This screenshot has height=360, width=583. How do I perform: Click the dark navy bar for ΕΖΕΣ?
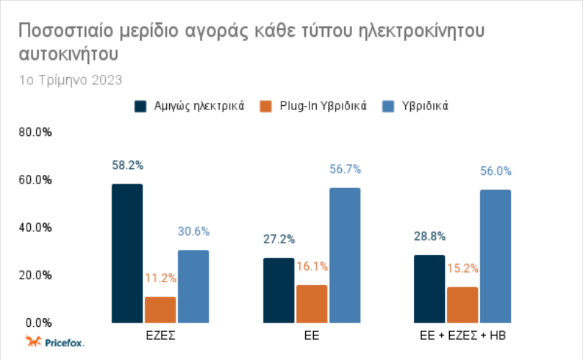tap(127, 253)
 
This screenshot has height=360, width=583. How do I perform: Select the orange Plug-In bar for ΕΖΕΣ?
tap(161, 310)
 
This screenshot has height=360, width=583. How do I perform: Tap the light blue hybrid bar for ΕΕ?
tap(345, 255)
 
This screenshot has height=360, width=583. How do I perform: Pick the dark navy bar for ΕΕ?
tap(279, 290)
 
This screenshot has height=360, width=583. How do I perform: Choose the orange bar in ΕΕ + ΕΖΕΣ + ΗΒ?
tap(463, 305)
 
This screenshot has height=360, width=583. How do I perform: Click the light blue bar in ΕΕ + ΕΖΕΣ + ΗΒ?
tap(496, 256)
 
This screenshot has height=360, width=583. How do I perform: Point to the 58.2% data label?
tap(127, 165)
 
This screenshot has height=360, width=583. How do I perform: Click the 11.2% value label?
tap(161, 278)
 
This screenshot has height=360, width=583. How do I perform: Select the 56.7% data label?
tap(345, 169)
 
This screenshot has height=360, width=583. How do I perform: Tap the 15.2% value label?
tap(463, 268)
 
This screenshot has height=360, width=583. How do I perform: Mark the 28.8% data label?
tap(430, 236)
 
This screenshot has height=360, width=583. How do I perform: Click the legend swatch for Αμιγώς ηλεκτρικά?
tap(140, 107)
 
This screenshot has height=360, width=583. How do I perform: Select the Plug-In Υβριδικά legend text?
tap(323, 106)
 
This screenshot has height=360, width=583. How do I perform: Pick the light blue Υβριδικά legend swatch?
tap(388, 107)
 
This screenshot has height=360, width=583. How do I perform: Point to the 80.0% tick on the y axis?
tap(35, 132)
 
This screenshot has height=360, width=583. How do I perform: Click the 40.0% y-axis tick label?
tap(35, 228)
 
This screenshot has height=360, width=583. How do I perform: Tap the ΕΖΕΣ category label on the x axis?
tap(161, 336)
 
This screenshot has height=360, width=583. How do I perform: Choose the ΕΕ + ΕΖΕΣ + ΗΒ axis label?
tap(463, 336)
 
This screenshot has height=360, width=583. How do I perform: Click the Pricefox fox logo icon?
tap(33, 341)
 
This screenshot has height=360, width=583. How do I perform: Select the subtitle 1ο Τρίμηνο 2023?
tap(71, 81)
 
